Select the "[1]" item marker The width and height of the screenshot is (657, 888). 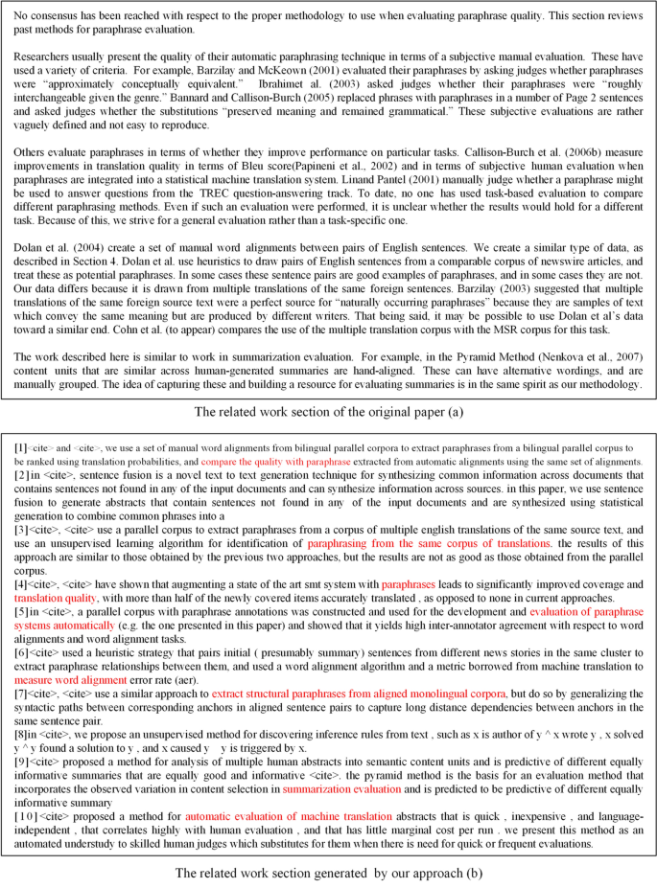pos(20,447)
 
